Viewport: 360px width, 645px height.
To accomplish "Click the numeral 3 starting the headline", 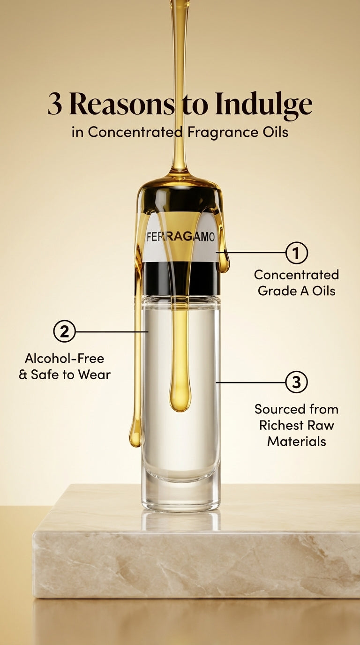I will click(x=55, y=105).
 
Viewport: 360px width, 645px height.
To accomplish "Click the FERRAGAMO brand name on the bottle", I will click(x=180, y=237).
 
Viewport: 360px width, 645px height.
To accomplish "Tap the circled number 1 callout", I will click(x=296, y=253).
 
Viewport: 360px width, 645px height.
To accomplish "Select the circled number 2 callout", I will click(x=65, y=332).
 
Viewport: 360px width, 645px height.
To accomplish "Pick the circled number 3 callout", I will click(x=296, y=382).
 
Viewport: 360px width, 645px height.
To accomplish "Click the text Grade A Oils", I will click(x=296, y=291).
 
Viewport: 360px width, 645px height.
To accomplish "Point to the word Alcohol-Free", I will click(x=65, y=359).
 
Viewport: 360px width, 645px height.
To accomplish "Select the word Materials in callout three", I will click(x=296, y=441).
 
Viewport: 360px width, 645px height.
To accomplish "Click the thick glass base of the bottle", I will click(x=180, y=497).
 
